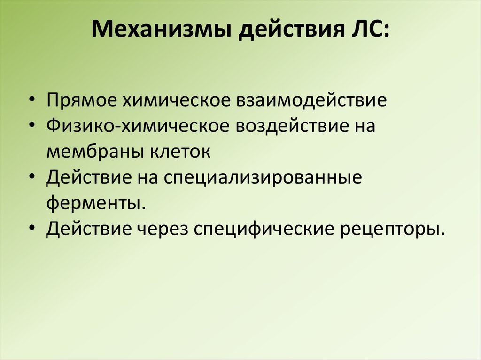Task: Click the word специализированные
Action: pyautogui.click(x=264, y=178)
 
